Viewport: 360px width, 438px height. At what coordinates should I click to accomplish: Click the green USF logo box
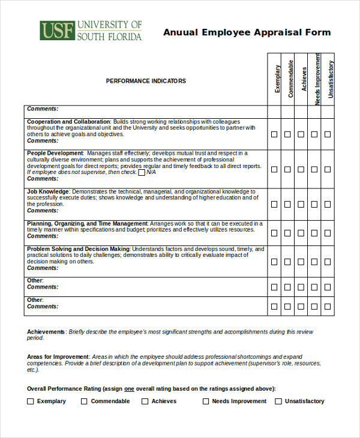(x=56, y=31)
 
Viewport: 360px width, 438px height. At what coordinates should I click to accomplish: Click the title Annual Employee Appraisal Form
(x=247, y=32)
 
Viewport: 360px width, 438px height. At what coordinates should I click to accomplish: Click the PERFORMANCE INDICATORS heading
(x=146, y=81)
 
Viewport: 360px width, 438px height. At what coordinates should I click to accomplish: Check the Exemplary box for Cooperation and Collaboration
(x=274, y=134)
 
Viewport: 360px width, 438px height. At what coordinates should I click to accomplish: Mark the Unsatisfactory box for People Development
(x=328, y=169)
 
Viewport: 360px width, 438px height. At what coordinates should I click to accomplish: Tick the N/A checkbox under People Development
(x=142, y=173)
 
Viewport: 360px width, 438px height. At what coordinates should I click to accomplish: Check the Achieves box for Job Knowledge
(x=301, y=204)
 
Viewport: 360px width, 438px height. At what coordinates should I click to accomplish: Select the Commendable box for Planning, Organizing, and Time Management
(x=287, y=233)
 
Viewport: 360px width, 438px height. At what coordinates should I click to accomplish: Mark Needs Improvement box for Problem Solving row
(x=314, y=262)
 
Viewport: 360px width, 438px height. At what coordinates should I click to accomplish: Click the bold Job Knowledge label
(x=48, y=191)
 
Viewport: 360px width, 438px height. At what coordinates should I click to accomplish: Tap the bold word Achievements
(x=46, y=332)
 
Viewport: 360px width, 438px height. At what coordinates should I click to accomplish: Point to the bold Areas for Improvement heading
(x=58, y=356)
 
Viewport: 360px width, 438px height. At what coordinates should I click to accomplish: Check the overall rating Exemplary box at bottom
(x=31, y=401)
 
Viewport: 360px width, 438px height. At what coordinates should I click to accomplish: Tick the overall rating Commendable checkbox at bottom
(x=85, y=401)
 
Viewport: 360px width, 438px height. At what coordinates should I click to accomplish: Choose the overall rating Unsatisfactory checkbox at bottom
(x=278, y=401)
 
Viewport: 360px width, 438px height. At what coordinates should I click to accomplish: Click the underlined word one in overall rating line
(x=128, y=389)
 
